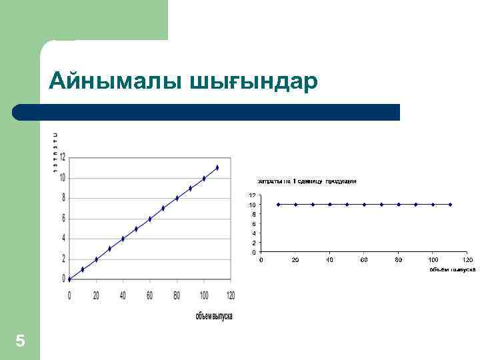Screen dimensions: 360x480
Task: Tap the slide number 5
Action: point(20,341)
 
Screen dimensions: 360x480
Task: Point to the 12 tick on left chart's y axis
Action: point(62,157)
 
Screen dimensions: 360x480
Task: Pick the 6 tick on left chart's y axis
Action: point(63,218)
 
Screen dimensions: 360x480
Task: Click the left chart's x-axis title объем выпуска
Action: point(213,315)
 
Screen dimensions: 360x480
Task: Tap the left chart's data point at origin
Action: point(69,279)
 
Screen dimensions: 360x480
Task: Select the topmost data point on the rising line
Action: point(217,167)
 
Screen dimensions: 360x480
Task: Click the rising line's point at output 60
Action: point(150,219)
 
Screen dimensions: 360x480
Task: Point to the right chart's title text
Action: point(307,181)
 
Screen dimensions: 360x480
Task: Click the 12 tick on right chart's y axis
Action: point(252,195)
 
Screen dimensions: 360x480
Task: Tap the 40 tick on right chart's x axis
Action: point(330,259)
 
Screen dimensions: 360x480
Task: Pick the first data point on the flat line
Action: point(278,205)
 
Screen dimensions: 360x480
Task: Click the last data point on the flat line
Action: point(451,205)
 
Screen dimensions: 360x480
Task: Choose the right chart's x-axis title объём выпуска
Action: point(452,269)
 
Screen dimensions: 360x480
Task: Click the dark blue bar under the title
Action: point(207,112)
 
